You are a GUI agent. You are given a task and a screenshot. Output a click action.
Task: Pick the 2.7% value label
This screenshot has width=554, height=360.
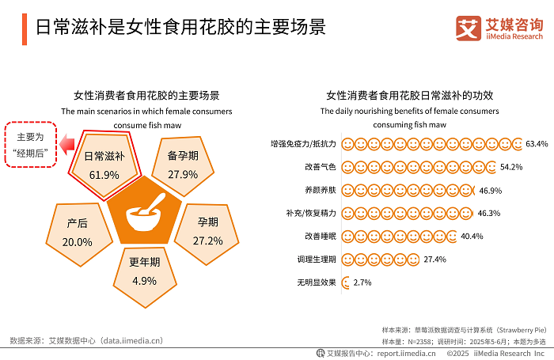coord(362,282)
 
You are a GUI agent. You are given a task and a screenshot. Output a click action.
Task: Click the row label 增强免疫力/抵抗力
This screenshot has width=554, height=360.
coord(303,144)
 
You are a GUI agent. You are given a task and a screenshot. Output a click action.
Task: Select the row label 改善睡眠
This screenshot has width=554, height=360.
coord(321,236)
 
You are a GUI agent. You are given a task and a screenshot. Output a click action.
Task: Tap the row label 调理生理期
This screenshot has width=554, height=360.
coord(317,259)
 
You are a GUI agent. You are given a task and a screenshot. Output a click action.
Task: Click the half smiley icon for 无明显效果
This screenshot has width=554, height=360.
coord(346,282)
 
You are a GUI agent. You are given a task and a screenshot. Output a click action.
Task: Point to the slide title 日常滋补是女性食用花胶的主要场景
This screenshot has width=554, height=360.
coord(170,26)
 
